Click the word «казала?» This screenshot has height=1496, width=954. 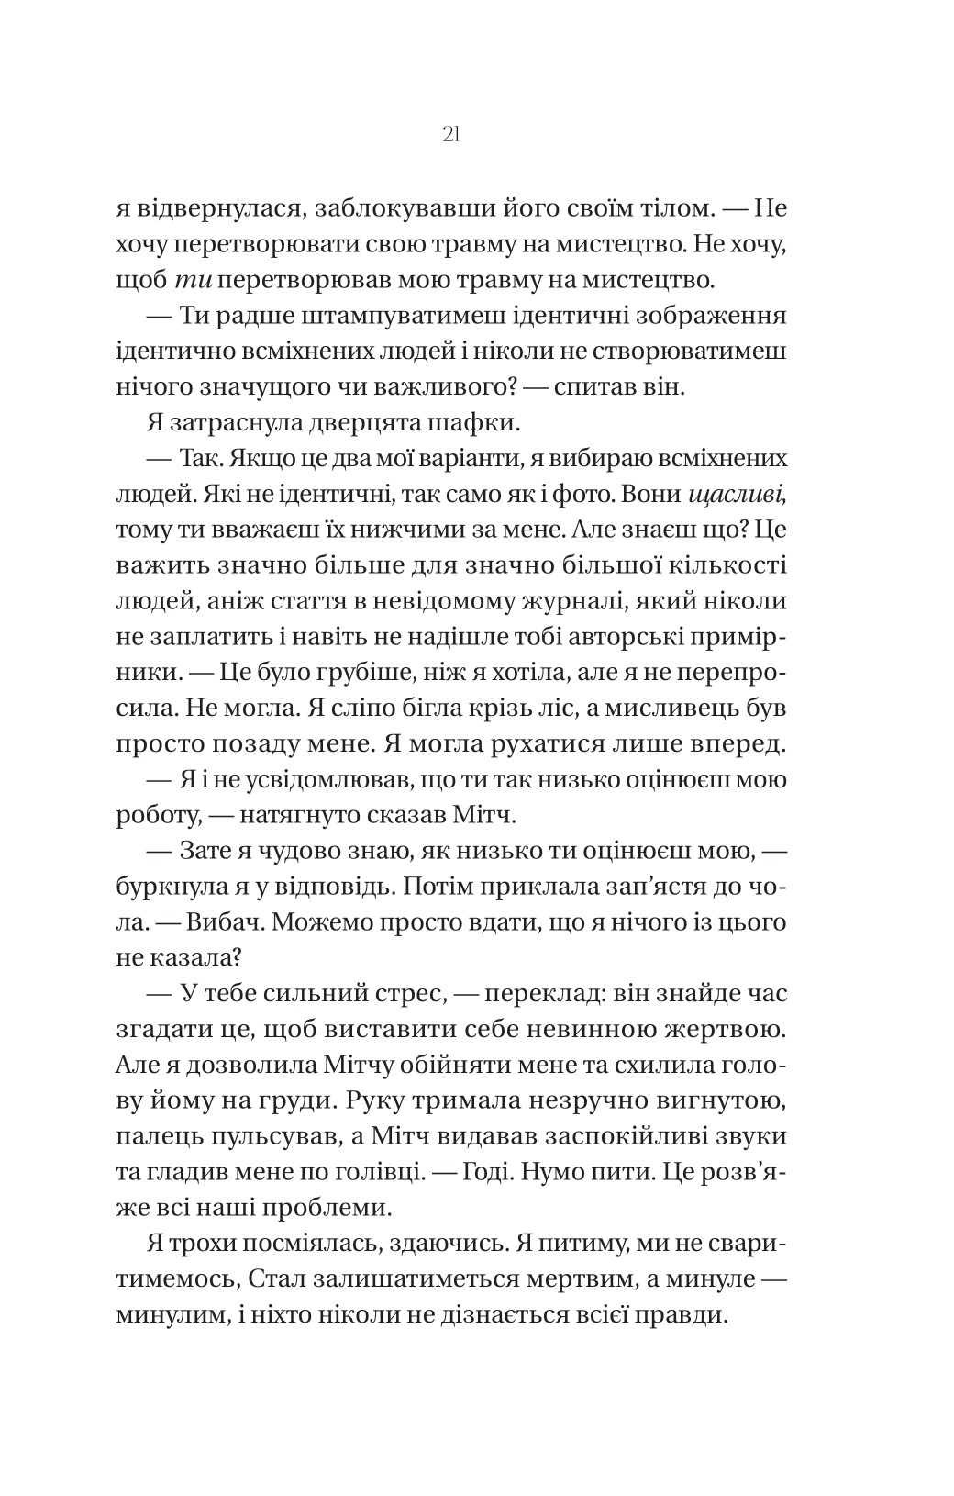pos(196,957)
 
